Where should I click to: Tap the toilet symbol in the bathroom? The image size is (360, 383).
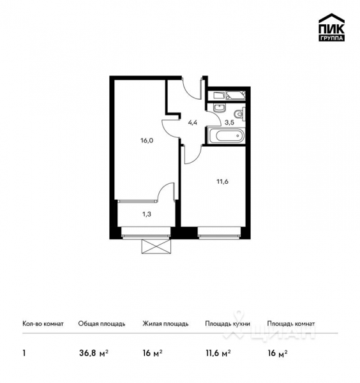pos(238,114)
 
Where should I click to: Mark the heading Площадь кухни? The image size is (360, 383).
pos(227,324)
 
